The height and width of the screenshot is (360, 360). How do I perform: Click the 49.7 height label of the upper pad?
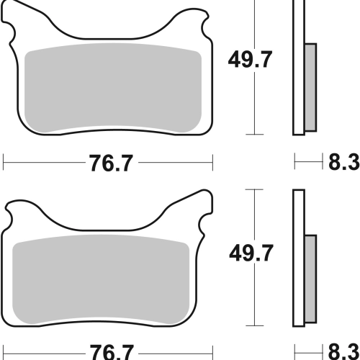250,60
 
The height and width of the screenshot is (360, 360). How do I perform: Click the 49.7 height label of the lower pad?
251,253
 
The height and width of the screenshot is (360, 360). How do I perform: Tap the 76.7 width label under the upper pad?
111,163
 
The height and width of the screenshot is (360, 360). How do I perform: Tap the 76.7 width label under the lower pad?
111,352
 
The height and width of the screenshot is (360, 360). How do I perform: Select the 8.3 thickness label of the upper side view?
344,162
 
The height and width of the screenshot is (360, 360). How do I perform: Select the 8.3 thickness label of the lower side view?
344,352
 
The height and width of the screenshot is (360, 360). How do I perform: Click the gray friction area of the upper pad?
113,88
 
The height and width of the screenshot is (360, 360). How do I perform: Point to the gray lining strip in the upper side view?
310,88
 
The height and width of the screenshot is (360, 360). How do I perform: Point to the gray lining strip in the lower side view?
310,279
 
